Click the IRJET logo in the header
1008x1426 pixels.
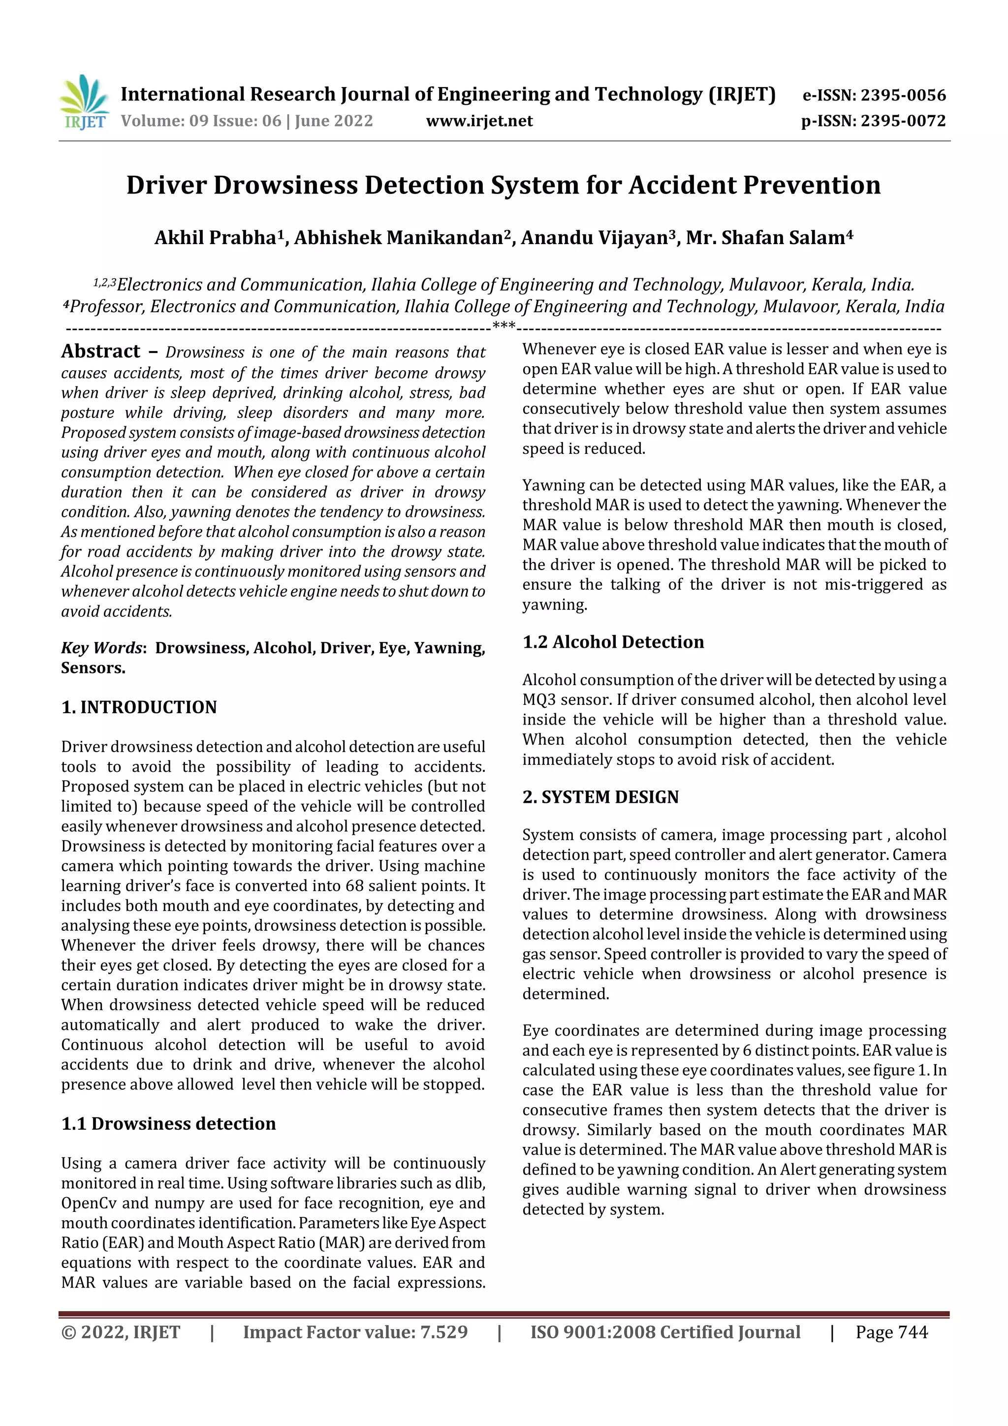pyautogui.click(x=85, y=102)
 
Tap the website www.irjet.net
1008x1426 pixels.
pyautogui.click(x=479, y=121)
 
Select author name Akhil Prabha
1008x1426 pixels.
pyautogui.click(x=216, y=238)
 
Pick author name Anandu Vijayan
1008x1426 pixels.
pyautogui.click(x=594, y=238)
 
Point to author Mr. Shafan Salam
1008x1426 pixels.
pyautogui.click(x=765, y=238)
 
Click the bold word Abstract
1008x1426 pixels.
pyautogui.click(x=100, y=351)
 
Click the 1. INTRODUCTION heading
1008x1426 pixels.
pyautogui.click(x=139, y=707)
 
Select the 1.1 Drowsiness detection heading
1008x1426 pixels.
pyautogui.click(x=168, y=1124)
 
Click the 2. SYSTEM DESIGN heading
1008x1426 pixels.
pyautogui.click(x=600, y=797)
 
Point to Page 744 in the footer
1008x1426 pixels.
pyautogui.click(x=891, y=1332)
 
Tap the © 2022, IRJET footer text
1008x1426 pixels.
pyautogui.click(x=121, y=1332)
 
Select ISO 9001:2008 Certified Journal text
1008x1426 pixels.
pyautogui.click(x=665, y=1332)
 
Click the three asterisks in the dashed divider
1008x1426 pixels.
pyautogui.click(x=504, y=326)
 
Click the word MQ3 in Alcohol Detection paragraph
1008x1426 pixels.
pyautogui.click(x=538, y=700)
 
